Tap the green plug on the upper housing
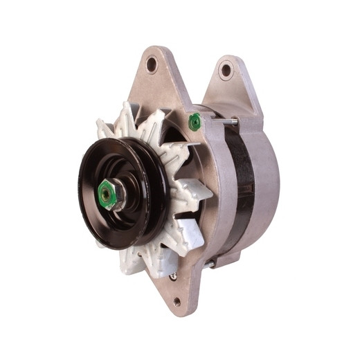(x=195, y=123)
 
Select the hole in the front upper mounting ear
(x=152, y=64)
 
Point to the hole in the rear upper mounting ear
(x=225, y=69)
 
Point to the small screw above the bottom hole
(x=172, y=276)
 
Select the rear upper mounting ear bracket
(x=228, y=83)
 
